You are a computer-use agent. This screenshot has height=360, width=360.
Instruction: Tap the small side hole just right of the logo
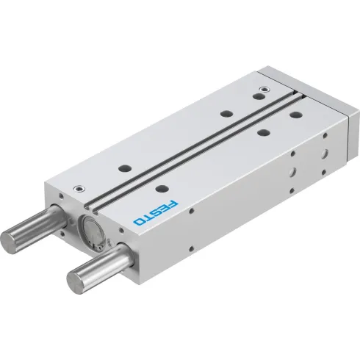[192, 212]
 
